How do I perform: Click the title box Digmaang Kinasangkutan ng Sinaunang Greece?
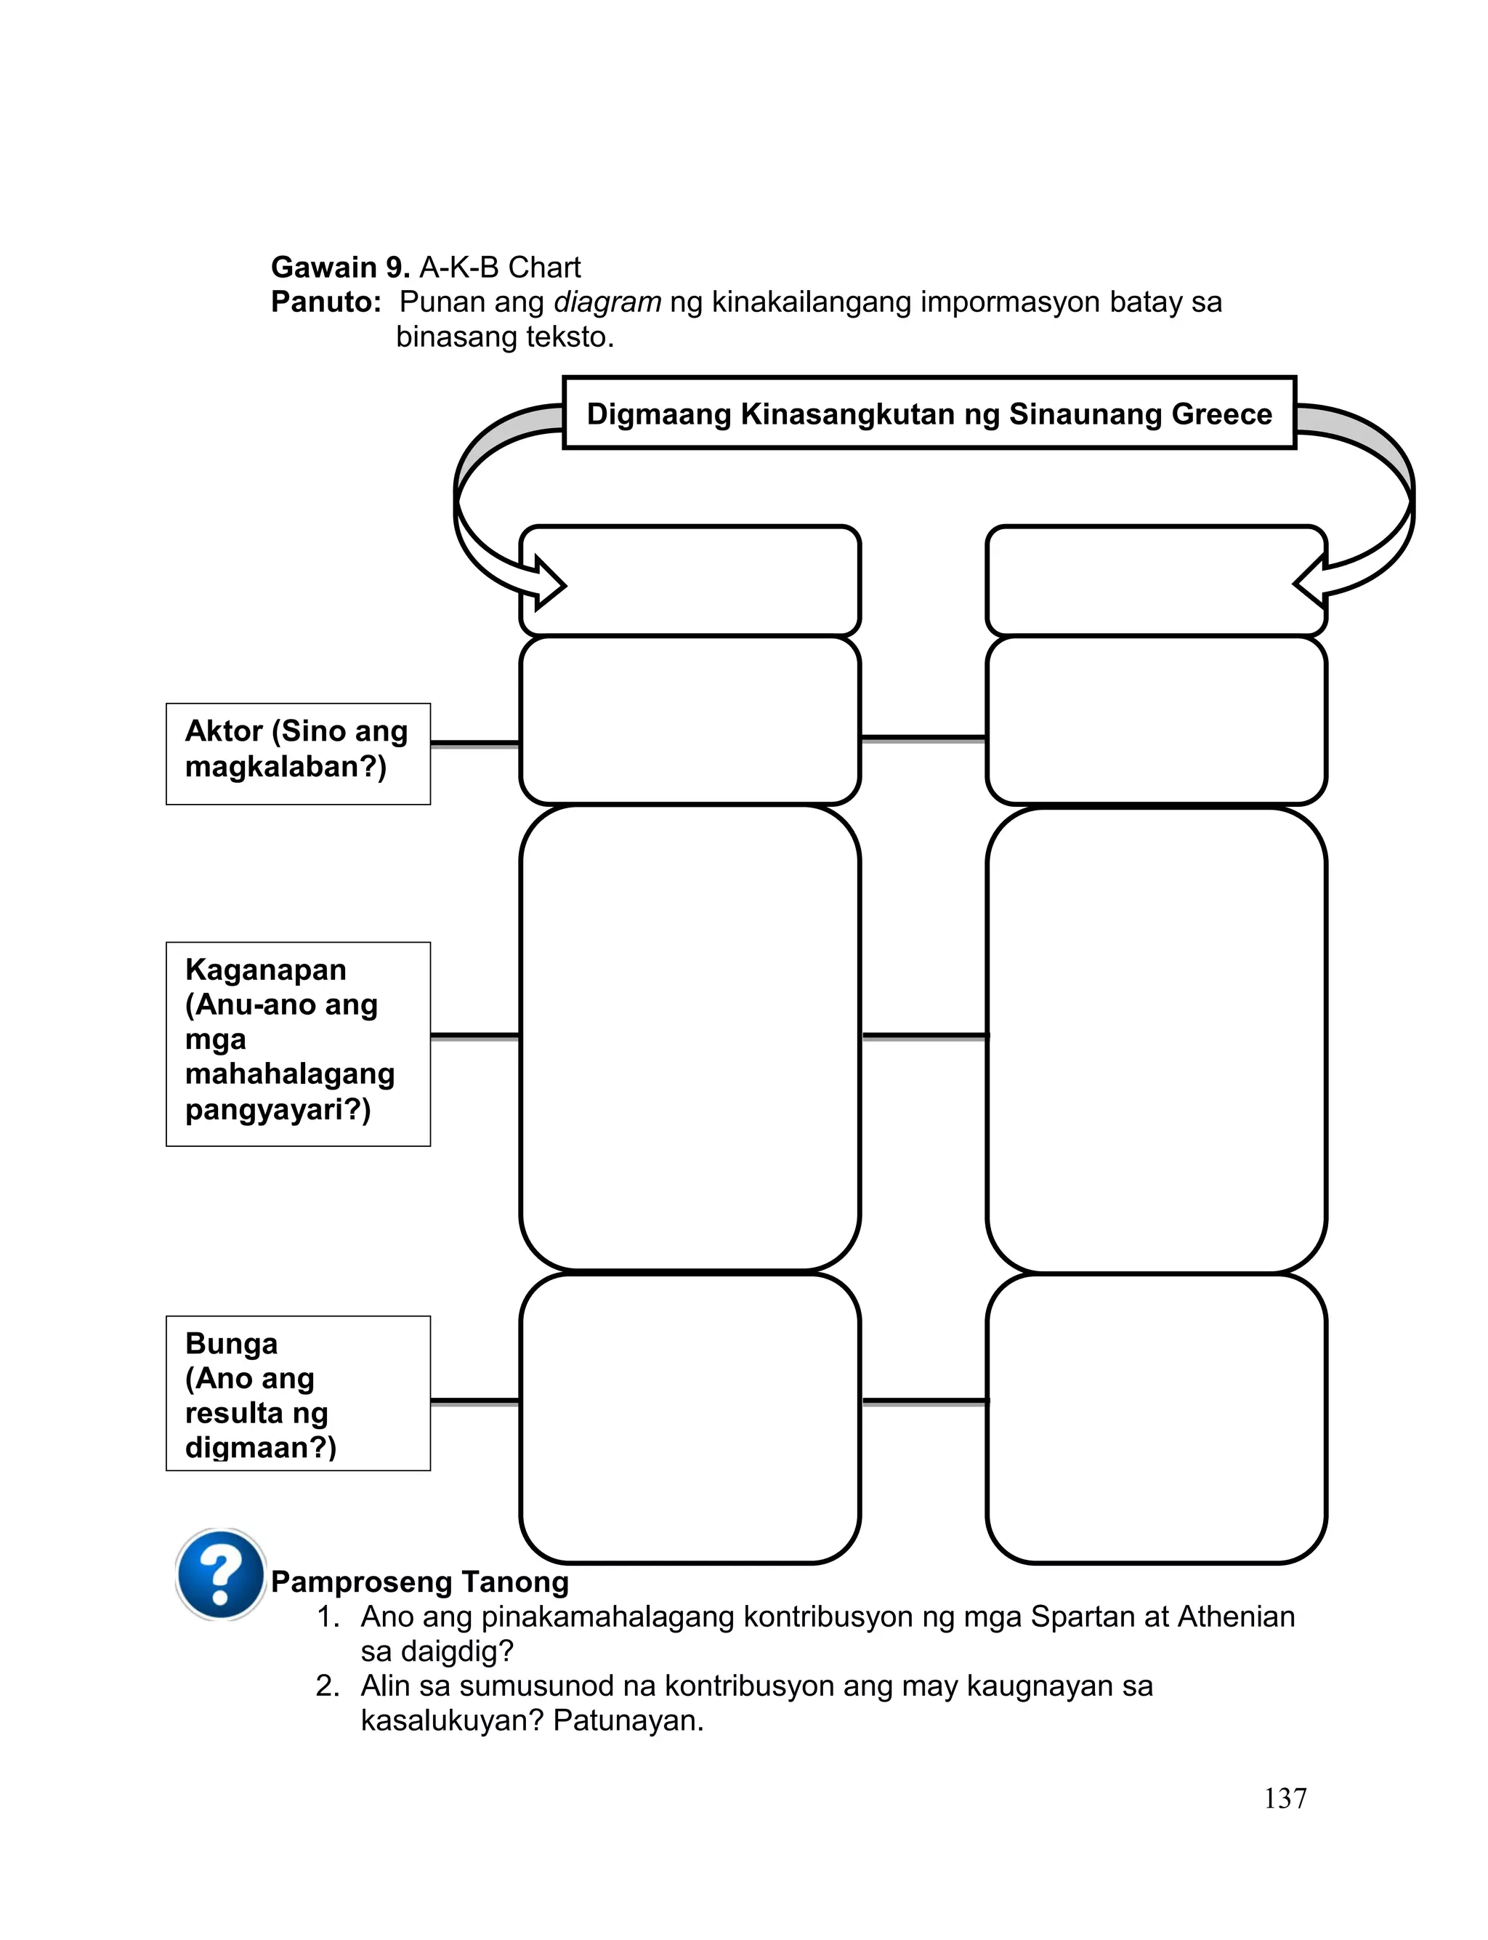[x=929, y=414]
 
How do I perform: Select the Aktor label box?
[x=298, y=754]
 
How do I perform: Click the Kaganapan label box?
[x=298, y=1044]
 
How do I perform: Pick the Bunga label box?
[x=298, y=1393]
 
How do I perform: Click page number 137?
[x=1285, y=1798]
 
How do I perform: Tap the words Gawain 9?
[x=339, y=267]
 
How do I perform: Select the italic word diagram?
[x=607, y=302]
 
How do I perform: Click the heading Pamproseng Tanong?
[x=420, y=1581]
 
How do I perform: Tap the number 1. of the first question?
[x=328, y=1617]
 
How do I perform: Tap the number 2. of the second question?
[x=328, y=1686]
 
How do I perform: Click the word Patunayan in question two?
[x=627, y=1720]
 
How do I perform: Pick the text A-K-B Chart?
[x=500, y=267]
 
